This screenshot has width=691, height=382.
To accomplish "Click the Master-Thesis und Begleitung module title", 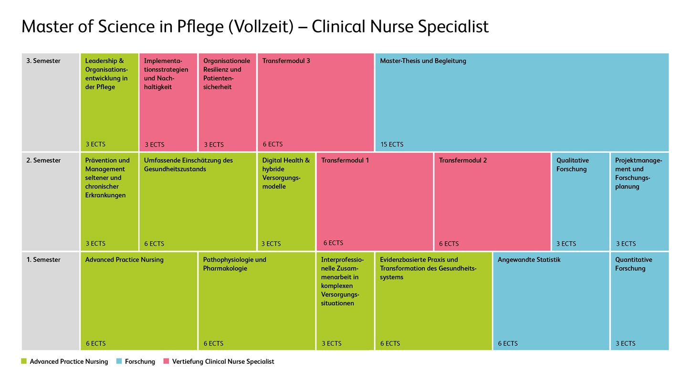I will [x=423, y=61].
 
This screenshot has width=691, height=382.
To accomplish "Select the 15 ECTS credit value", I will [x=392, y=144].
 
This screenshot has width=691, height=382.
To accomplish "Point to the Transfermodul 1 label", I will [x=345, y=160].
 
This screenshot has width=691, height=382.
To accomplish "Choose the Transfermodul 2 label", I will [x=463, y=160].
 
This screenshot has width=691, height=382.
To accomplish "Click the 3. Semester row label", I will [x=43, y=61].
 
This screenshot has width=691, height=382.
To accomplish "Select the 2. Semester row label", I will [x=43, y=160].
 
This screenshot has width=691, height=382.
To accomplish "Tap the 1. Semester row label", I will [x=43, y=260].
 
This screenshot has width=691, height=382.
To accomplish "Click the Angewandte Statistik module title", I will [x=529, y=260].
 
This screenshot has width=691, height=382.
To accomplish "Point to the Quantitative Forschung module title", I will [x=633, y=264].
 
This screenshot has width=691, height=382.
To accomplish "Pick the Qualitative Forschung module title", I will [x=572, y=165].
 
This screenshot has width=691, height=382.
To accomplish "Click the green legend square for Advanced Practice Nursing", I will [x=24, y=361].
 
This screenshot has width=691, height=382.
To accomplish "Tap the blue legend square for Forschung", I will [x=119, y=361].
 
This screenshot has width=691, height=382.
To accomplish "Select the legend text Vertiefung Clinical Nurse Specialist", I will [x=223, y=361].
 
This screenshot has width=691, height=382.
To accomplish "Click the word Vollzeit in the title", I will [x=261, y=26].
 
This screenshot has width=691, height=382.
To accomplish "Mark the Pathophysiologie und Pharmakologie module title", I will [x=234, y=264].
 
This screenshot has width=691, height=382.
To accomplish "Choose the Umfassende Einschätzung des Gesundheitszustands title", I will [x=188, y=165].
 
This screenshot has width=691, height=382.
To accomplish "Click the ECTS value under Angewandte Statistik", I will [x=508, y=343].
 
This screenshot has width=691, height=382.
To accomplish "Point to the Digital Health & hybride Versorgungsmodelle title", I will [x=286, y=173].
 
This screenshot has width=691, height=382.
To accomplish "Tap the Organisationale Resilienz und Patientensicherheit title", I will [x=226, y=74].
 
